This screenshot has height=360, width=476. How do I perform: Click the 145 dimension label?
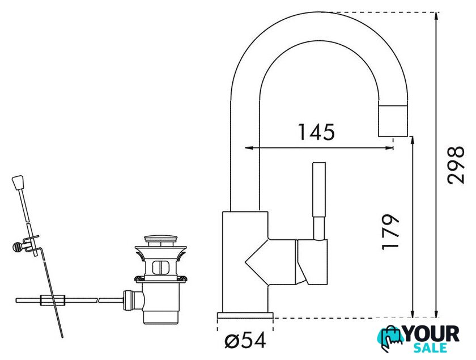coord(317,132)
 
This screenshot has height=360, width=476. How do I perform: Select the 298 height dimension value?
coord(456,165)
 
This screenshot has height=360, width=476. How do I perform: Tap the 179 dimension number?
coord(390,232)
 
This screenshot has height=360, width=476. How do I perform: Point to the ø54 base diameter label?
coord(245,340)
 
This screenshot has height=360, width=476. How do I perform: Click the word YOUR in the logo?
coord(432,334)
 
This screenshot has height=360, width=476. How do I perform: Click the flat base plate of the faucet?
coord(245,315)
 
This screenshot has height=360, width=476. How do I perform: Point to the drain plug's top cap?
coord(160,238)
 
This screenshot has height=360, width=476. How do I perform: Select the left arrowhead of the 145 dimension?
coord(249,148)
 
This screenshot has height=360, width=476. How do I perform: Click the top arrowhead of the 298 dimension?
coord(436,16)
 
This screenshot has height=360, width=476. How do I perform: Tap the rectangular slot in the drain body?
coord(160,268)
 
